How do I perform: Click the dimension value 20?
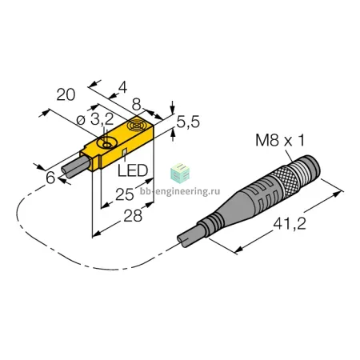tap(66, 94)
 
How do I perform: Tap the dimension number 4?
tap(122, 87)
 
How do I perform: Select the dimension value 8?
tap(136, 105)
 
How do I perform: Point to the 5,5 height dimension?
tap(188, 122)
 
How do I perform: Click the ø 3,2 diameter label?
tap(95, 119)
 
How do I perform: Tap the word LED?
tap(133, 170)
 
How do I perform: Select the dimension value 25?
tap(125, 194)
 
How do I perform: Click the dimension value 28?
tap(133, 216)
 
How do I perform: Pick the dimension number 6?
tap(50, 178)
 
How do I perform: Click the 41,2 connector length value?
tap(290, 224)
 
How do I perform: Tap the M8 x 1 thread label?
tap(280, 140)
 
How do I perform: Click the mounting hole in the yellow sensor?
tap(106, 145)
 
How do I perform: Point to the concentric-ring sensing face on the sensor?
tap(136, 126)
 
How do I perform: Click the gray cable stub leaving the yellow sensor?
tap(76, 166)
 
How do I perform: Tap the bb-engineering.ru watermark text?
tap(180, 191)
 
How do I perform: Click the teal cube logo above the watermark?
tap(180, 174)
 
